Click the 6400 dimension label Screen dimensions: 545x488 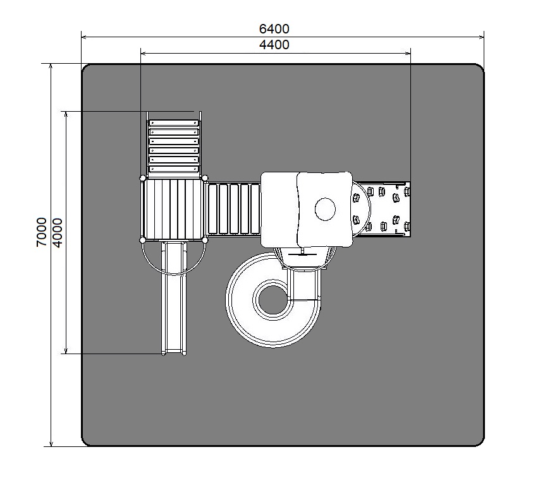click(x=274, y=29)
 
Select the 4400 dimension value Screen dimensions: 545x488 click(x=274, y=45)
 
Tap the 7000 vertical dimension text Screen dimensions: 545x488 click(x=41, y=232)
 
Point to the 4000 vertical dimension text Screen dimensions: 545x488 click(x=58, y=232)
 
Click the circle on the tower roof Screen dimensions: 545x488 click(x=325, y=209)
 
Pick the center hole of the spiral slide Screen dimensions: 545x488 click(x=273, y=300)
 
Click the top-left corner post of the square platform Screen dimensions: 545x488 click(x=142, y=178)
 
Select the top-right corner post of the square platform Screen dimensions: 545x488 click(x=205, y=178)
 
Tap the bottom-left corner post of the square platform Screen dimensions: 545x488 click(x=142, y=240)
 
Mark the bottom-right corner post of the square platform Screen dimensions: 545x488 click(x=205, y=240)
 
